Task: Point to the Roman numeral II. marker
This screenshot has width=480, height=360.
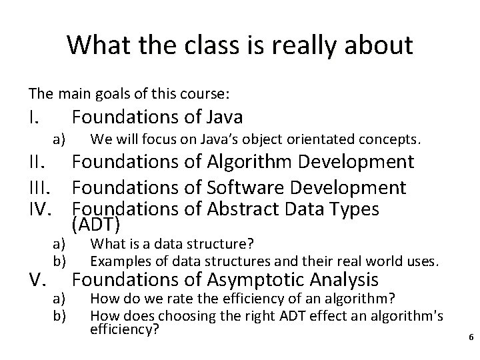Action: point(39,162)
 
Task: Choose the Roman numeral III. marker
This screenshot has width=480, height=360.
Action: point(42,187)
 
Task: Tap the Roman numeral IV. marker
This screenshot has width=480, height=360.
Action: point(43,209)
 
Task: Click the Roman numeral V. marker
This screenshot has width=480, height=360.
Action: point(38,279)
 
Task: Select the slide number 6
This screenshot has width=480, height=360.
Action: point(471,338)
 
